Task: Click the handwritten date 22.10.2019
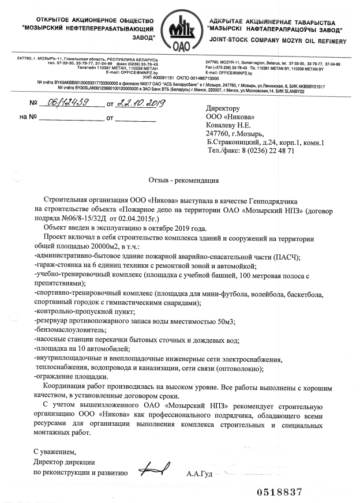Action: pyautogui.click(x=140, y=104)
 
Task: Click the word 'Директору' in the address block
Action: pyautogui.click(x=222, y=108)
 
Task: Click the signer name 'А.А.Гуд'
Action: pyautogui.click(x=200, y=474)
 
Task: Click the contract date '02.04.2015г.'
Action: pyautogui.click(x=142, y=220)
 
